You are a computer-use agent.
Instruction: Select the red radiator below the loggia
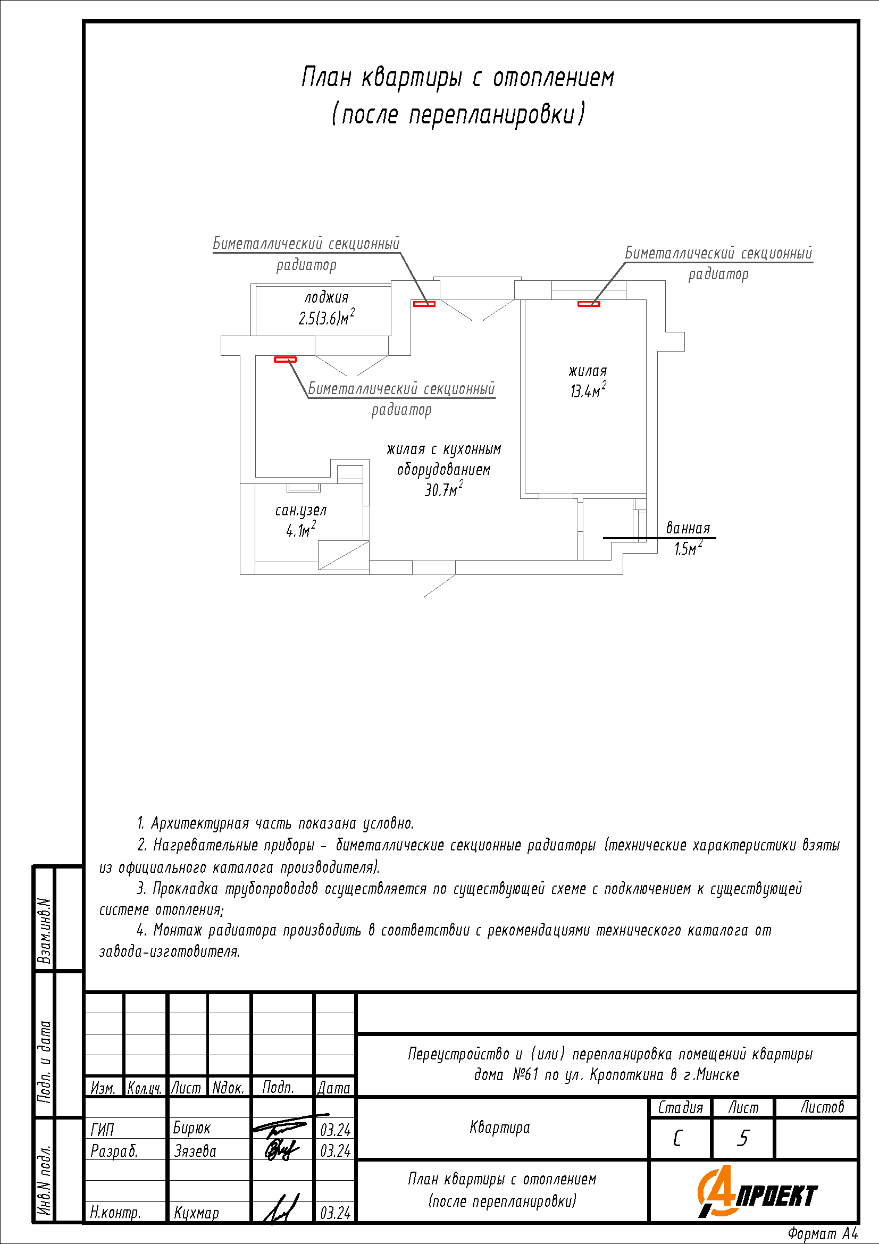pos(285,359)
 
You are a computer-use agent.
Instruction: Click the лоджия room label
pos(326,297)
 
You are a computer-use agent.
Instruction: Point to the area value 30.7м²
pos(443,490)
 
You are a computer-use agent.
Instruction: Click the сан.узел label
pos(300,511)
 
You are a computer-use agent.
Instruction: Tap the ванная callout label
pos(687,528)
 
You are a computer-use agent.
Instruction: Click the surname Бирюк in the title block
pos(192,1128)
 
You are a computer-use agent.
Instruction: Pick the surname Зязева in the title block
pos(195,1151)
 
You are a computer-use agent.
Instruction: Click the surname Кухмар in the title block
pos(196,1213)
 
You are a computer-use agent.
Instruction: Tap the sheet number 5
pos(743,1138)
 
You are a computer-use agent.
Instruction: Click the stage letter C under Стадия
pos(677,1138)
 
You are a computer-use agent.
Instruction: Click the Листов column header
pos(822,1107)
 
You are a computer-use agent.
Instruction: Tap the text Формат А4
pos(822,1234)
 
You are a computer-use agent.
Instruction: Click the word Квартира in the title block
pos(499,1128)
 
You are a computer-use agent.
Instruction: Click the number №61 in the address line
pos(525,1075)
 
